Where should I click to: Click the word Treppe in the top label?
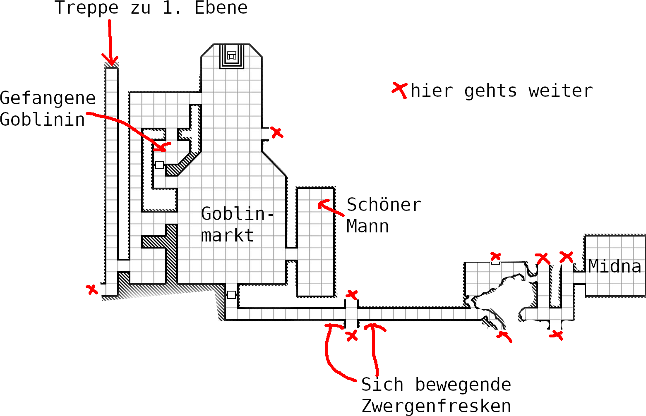click(x=86, y=8)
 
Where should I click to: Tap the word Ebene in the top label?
click(x=221, y=8)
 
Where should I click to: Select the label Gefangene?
click(x=48, y=98)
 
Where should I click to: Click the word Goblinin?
click(x=42, y=120)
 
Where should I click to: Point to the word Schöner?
click(x=384, y=205)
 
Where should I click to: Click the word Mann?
click(x=367, y=226)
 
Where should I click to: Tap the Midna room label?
click(x=615, y=266)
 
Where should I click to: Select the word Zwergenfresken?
click(x=436, y=406)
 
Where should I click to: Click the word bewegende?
click(x=463, y=385)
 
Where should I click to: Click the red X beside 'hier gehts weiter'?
click(x=400, y=89)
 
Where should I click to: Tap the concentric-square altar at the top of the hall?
click(x=232, y=55)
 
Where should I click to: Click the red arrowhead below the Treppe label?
click(x=111, y=61)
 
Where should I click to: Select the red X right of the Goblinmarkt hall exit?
click(x=277, y=133)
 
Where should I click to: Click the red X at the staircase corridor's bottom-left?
click(x=92, y=289)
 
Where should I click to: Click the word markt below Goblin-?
click(x=227, y=235)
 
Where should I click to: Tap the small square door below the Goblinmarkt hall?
click(x=231, y=295)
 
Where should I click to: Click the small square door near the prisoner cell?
click(x=159, y=165)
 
